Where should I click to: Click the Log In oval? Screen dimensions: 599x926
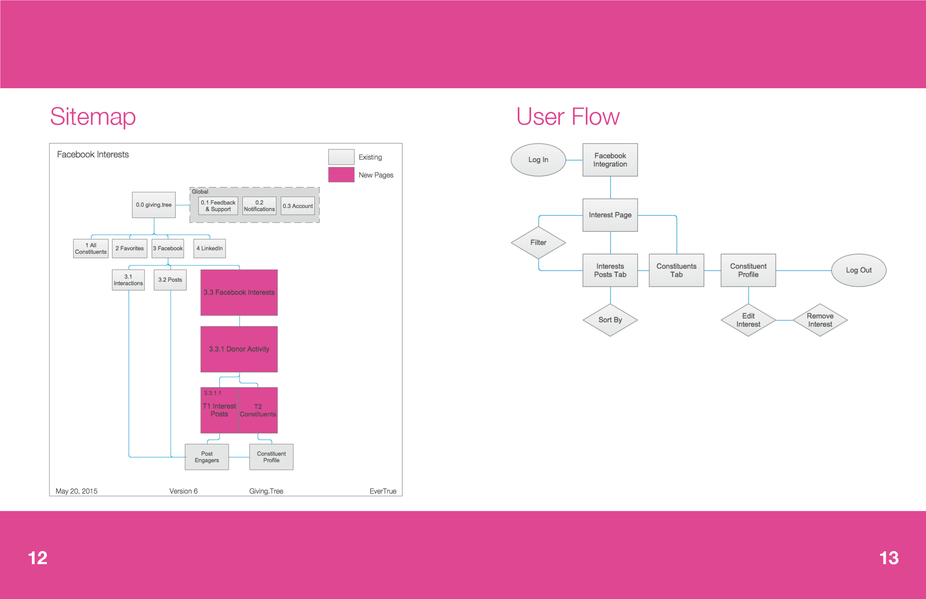pyautogui.click(x=538, y=160)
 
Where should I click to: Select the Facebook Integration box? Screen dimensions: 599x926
pyautogui.click(x=610, y=160)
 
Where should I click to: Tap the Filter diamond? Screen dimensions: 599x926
pyautogui.click(x=538, y=242)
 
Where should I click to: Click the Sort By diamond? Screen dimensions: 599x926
pyautogui.click(x=610, y=320)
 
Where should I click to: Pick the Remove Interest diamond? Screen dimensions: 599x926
pyautogui.click(x=820, y=320)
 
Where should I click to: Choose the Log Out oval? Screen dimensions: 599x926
pyautogui.click(x=858, y=270)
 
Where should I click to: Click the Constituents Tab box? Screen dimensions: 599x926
pyautogui.click(x=676, y=270)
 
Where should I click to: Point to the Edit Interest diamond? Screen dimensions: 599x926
pyautogui.click(x=748, y=320)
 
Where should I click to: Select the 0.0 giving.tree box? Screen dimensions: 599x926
pyautogui.click(x=154, y=205)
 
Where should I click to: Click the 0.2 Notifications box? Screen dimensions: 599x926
pyautogui.click(x=259, y=205)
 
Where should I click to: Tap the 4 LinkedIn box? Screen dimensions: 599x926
pyautogui.click(x=209, y=248)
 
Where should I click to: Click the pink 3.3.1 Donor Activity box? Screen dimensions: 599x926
pyautogui.click(x=239, y=349)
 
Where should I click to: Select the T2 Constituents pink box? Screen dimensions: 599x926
pyautogui.click(x=257, y=410)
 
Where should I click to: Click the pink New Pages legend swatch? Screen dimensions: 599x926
pyautogui.click(x=341, y=175)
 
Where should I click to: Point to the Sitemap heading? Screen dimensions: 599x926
pyautogui.click(x=93, y=116)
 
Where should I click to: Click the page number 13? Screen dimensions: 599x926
pyautogui.click(x=889, y=558)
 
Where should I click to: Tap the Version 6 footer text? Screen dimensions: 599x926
pyautogui.click(x=183, y=491)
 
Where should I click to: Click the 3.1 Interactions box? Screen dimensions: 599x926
pyautogui.click(x=128, y=280)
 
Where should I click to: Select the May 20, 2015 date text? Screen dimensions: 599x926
pyautogui.click(x=76, y=491)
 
